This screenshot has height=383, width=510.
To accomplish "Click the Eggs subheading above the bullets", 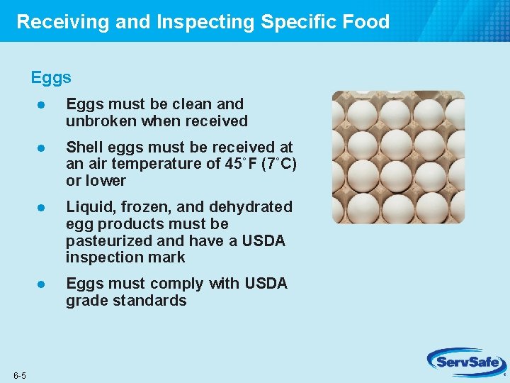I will (x=51, y=77).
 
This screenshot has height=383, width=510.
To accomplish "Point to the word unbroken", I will (x=101, y=121).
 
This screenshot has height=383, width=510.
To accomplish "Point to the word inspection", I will (x=103, y=257).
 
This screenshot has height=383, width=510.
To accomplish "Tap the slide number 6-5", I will (x=19, y=375).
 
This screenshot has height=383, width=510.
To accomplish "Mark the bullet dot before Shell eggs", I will (x=42, y=148).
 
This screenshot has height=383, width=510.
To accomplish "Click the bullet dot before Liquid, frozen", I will (x=42, y=207).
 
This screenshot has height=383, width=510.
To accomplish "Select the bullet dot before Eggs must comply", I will (x=42, y=284).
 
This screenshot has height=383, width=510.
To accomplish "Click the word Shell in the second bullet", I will (x=84, y=147).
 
